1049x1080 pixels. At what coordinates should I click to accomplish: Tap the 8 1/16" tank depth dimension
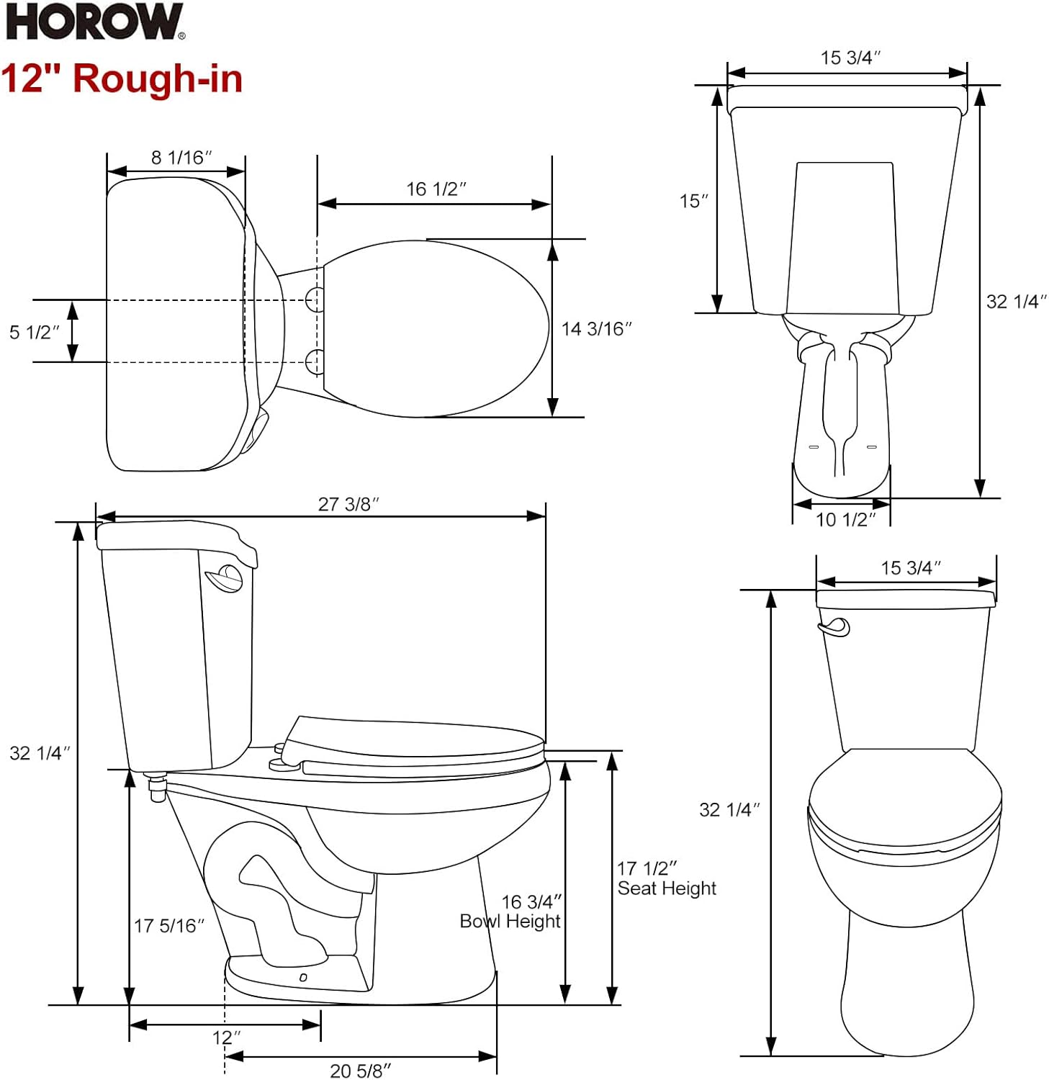coord(181,158)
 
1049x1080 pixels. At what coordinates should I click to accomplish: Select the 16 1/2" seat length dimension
coord(436,189)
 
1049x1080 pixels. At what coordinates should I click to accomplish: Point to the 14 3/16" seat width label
coord(596,329)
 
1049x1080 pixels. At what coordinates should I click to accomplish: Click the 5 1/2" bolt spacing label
coord(35,332)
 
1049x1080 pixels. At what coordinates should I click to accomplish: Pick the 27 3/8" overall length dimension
coord(348,504)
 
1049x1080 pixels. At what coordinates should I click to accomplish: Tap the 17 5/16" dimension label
coord(169,926)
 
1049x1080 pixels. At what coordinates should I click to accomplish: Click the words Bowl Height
coord(510,922)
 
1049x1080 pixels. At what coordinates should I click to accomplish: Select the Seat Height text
coord(667,888)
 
